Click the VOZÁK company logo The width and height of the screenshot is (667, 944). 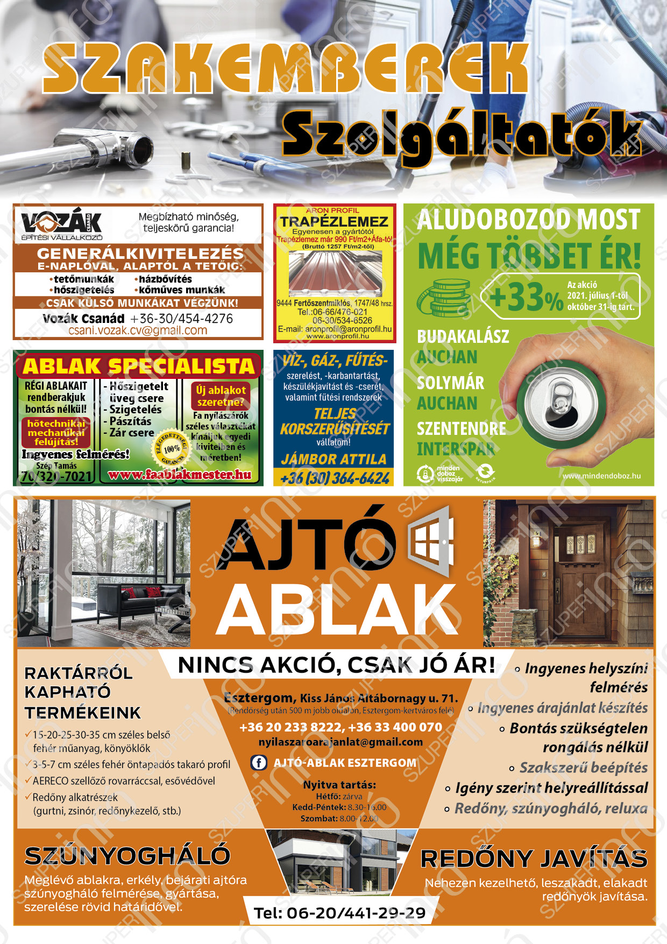(61, 224)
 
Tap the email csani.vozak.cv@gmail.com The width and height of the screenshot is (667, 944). (138, 330)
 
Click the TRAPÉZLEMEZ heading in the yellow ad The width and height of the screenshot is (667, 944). (334, 222)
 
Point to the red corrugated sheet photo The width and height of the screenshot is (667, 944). (335, 272)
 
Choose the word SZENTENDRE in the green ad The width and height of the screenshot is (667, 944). (461, 428)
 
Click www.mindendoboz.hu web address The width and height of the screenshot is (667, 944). (601, 476)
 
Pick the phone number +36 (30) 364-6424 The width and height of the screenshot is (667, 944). (334, 478)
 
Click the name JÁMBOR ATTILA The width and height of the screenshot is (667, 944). (334, 459)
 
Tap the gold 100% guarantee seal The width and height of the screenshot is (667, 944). (172, 448)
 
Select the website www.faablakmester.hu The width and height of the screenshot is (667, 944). (180, 475)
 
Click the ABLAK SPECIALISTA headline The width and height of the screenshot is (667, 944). (138, 366)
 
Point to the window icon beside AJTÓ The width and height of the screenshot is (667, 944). (431, 539)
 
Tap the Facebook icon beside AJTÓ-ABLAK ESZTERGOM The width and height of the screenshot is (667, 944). (259, 763)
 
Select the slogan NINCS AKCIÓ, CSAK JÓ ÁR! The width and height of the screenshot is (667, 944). (336, 665)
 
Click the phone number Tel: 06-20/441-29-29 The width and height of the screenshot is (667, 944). (339, 913)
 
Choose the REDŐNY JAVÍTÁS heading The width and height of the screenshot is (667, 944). (534, 859)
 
